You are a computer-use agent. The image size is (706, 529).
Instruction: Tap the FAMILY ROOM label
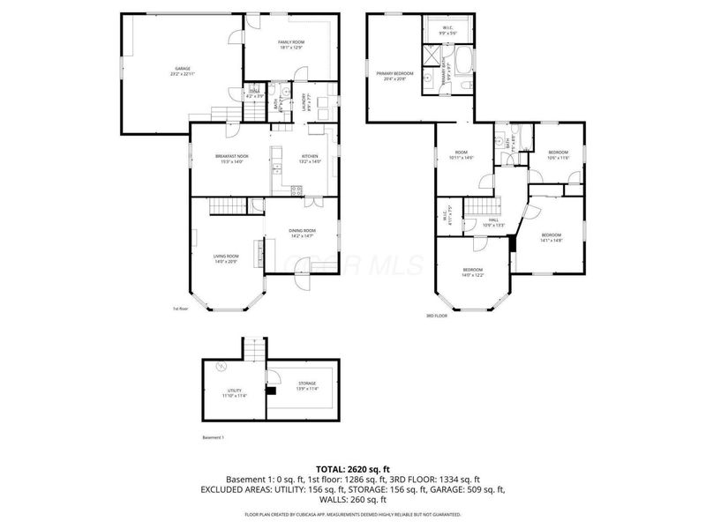click(x=290, y=42)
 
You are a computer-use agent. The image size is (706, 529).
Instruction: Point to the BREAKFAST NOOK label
click(x=231, y=156)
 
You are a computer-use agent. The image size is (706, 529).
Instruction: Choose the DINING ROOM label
click(x=302, y=231)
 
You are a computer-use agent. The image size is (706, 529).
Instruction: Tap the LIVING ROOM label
click(x=225, y=257)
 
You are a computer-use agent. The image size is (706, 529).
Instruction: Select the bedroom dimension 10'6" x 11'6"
click(x=558, y=158)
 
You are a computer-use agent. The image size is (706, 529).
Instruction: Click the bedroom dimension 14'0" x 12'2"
click(x=473, y=275)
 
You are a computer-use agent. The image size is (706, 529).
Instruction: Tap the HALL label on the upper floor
click(x=494, y=220)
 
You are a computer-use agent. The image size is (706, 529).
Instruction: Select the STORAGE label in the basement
click(x=305, y=384)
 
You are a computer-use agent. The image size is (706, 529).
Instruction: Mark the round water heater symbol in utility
click(x=222, y=366)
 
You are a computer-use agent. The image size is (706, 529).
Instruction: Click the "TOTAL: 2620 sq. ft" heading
click(x=353, y=468)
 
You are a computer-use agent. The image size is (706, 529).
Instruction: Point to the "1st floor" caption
click(x=181, y=309)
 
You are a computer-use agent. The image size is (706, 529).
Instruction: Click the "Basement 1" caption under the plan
click(x=214, y=437)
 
